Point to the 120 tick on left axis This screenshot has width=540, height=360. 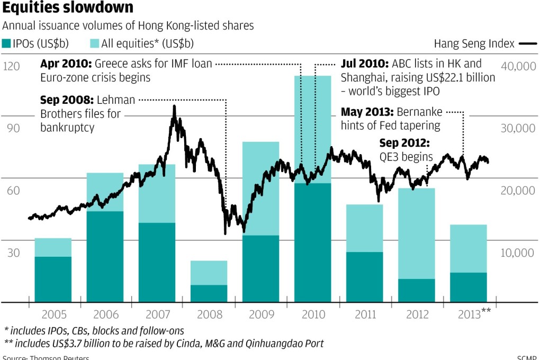point(11,67)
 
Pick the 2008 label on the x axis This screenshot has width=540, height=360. point(209,314)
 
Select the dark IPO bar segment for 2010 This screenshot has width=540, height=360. point(313,242)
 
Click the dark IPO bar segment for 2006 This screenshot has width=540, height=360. point(105,257)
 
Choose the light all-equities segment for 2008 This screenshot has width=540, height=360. point(209,273)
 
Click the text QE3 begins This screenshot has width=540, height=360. point(406,157)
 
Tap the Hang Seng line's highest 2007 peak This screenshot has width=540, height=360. point(174,107)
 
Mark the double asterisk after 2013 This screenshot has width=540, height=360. point(486,311)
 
